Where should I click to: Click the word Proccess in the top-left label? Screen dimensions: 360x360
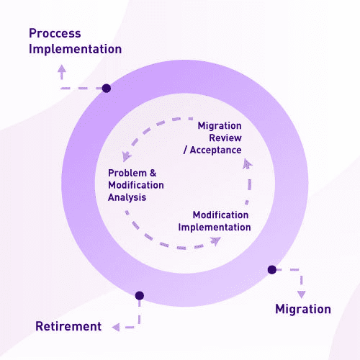55,33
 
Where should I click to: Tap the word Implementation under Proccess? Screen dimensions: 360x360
75,50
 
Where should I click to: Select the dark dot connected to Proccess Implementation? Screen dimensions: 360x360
107,88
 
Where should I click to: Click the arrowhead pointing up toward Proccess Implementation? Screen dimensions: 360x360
62,68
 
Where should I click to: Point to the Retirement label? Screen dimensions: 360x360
68,326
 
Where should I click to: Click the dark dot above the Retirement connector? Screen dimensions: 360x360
140,295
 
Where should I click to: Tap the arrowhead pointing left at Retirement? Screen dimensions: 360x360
116,327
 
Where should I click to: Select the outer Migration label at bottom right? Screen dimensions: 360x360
303,309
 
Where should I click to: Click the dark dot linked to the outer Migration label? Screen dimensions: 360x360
272,269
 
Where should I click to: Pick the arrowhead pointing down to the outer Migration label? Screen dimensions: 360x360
302,294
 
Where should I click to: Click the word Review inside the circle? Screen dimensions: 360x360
225,138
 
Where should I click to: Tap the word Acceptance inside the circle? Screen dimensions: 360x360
215,150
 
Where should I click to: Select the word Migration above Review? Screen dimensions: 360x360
220,126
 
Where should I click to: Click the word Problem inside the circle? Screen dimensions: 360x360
127,173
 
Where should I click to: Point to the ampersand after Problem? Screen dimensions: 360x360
153,173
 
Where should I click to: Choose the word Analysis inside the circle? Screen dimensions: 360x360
127,197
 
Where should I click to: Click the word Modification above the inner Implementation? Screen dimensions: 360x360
220,215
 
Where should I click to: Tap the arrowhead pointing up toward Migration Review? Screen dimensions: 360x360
247,163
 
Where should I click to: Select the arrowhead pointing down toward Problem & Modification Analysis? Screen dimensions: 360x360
126,156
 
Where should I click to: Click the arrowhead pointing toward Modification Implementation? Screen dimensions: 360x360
215,241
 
